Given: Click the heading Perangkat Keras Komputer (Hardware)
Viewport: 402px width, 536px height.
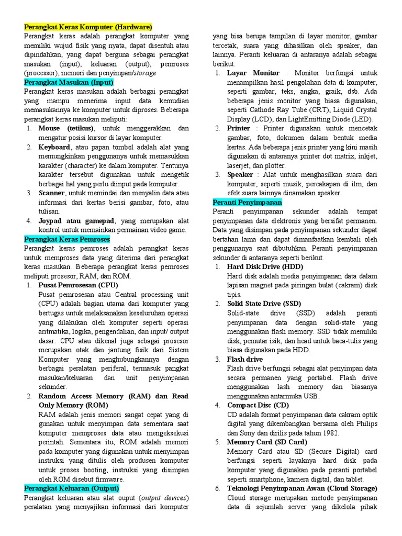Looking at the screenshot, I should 88,27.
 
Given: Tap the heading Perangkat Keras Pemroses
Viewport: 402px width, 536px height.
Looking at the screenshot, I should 67,239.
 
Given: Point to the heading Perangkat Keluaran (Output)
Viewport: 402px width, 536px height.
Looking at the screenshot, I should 71,488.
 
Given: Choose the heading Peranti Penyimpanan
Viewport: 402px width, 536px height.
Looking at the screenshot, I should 247,202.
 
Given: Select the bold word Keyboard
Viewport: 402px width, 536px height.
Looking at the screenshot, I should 54,147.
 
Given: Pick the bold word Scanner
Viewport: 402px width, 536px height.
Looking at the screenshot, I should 51,193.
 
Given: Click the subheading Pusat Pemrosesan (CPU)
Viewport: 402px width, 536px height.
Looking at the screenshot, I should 78,285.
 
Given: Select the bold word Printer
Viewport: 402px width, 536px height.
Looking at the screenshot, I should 239,128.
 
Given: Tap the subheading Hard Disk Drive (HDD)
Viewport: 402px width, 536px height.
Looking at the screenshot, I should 265,267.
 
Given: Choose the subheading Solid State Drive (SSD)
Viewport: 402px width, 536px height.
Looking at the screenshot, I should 264,304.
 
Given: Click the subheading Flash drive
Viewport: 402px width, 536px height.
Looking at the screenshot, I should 244,359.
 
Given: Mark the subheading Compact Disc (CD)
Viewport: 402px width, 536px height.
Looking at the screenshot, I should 258,405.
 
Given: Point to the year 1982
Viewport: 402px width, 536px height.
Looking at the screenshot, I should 329,433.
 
